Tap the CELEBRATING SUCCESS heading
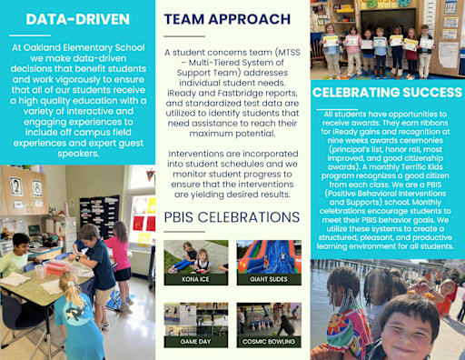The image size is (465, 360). [x=384, y=94]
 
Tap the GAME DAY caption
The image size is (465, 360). [x=190, y=342]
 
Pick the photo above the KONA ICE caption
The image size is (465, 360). [x=190, y=256]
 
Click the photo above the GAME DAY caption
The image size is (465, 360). [x=190, y=319]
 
